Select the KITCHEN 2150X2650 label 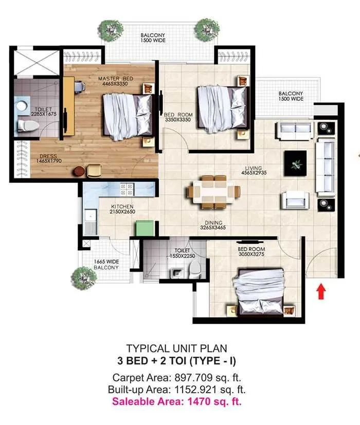(x=123, y=209)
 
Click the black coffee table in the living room (x=295, y=164)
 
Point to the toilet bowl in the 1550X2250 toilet (x=195, y=270)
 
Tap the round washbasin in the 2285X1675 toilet (x=22, y=106)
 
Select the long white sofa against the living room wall (x=326, y=168)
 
